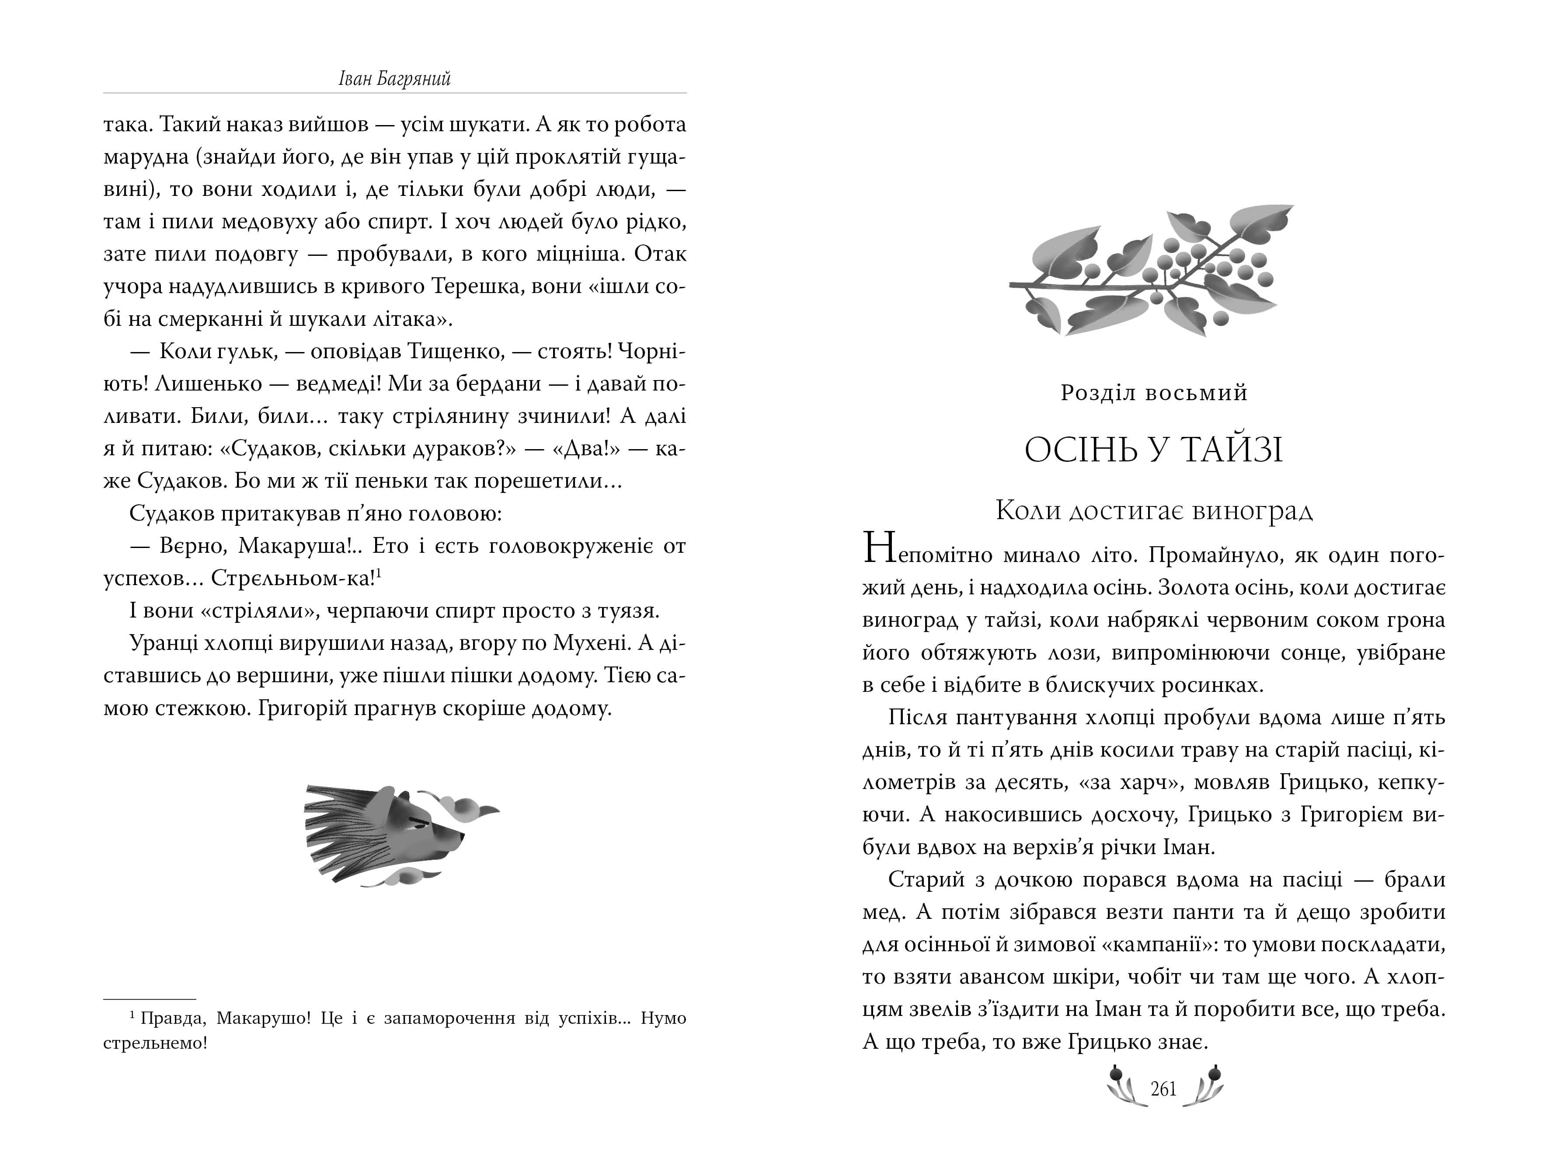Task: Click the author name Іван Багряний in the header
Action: pos(394,78)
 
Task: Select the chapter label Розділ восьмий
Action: pos(1154,393)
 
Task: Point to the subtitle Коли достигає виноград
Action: pos(1154,511)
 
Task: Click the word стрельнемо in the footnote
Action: pos(154,1043)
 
